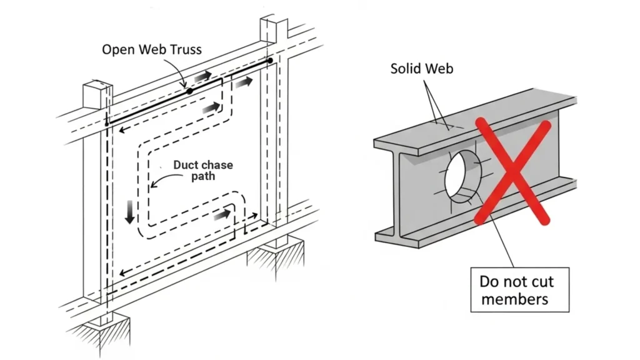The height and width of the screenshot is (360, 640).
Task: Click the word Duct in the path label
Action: point(186,166)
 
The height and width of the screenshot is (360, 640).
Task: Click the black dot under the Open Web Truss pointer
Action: point(189,91)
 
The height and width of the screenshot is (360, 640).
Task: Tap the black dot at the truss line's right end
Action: point(269,61)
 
